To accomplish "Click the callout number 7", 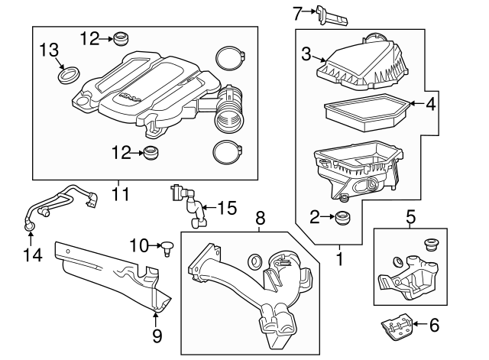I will click(x=299, y=11).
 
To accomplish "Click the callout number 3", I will click(x=306, y=54).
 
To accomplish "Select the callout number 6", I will click(x=434, y=326).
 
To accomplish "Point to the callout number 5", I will click(x=410, y=217).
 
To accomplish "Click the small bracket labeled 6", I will click(x=397, y=328).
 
